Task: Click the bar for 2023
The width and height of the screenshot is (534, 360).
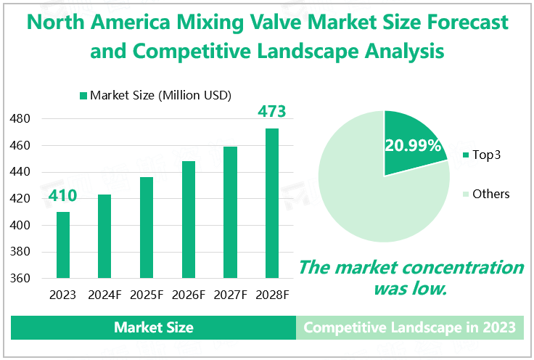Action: (x=63, y=245)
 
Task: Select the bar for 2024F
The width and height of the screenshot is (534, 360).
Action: (x=105, y=237)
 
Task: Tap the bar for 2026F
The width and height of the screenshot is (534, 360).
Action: (x=189, y=220)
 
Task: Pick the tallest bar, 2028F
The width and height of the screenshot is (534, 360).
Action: (x=272, y=203)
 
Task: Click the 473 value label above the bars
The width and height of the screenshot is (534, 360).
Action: (x=272, y=112)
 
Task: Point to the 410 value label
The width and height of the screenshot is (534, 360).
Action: (x=63, y=196)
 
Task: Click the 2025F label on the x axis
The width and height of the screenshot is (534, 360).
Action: (x=147, y=295)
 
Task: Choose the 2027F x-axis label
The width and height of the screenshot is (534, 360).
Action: (x=230, y=295)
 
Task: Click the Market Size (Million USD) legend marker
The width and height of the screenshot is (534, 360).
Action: (x=83, y=96)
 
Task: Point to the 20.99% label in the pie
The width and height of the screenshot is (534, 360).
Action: (x=414, y=146)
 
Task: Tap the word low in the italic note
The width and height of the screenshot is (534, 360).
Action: (x=431, y=288)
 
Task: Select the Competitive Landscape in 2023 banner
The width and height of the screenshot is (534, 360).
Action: (x=410, y=327)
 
